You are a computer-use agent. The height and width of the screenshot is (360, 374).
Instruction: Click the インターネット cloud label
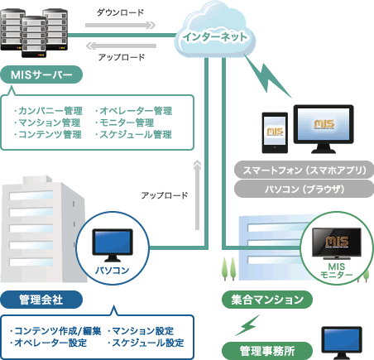[x=213, y=37]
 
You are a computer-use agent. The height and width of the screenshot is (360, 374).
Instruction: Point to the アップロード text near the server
[x=121, y=57]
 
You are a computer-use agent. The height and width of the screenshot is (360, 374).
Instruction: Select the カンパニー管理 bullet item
[x=48, y=110]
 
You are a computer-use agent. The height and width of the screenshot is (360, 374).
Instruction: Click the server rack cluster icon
[x=36, y=33]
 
